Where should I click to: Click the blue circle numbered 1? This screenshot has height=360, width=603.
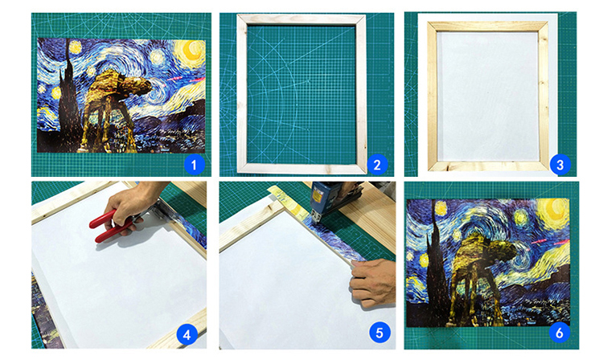195,165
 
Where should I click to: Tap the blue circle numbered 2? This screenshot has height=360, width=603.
377,165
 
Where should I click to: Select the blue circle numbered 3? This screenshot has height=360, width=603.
560,165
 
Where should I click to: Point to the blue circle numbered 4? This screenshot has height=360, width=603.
187,334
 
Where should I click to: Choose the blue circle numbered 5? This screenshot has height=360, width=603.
379,333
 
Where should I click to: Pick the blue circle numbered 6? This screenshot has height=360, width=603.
560,333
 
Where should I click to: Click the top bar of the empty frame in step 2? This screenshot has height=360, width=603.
301,20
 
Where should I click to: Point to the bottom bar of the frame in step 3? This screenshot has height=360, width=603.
488,166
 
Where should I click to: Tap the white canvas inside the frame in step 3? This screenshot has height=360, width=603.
488,96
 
